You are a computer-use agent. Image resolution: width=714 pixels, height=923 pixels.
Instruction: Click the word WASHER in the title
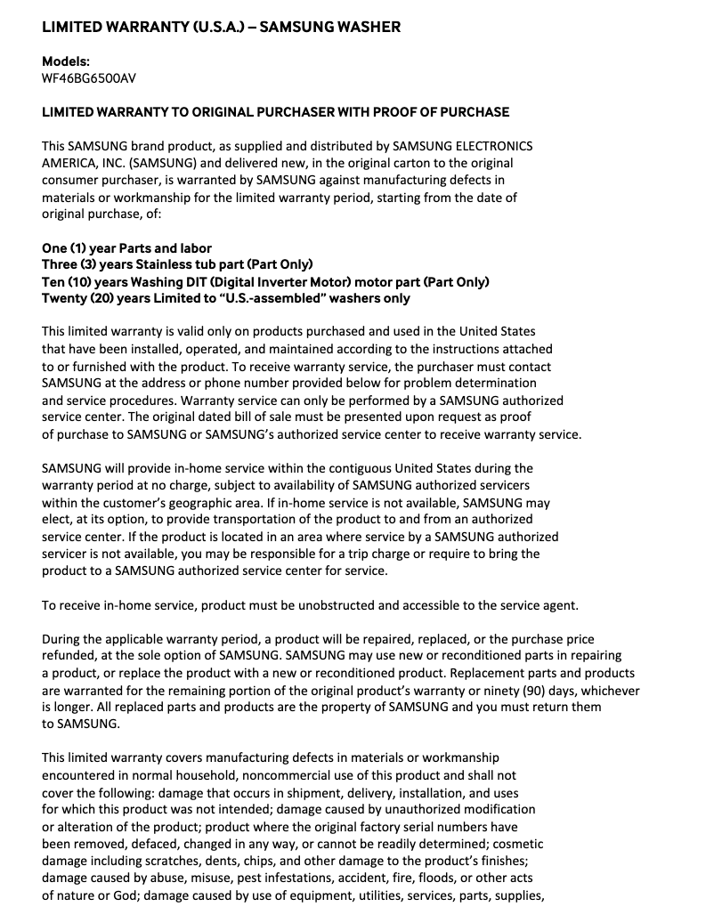pos(367,27)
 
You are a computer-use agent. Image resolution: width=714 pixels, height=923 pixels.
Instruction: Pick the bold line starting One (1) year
pos(126,247)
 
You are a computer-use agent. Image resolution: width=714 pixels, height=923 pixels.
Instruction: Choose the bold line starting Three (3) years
pos(177,264)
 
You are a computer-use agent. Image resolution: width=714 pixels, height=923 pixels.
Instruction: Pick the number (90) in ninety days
pos(496,690)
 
